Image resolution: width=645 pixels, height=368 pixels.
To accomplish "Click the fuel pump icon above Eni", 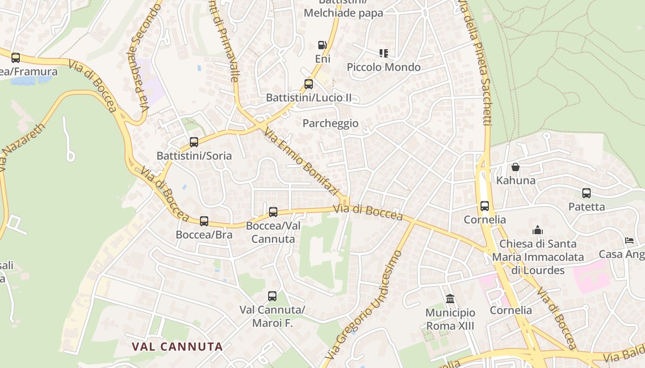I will tap(322, 45).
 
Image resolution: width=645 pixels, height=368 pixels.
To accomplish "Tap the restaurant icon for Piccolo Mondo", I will tap(383, 53).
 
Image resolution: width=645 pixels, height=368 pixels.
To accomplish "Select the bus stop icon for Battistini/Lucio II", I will tap(309, 84).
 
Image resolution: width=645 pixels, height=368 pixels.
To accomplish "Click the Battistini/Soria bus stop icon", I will tap(194, 142).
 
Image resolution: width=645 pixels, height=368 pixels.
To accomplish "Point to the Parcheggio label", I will tap(330, 123).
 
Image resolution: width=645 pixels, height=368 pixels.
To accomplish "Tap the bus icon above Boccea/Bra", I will tap(204, 221).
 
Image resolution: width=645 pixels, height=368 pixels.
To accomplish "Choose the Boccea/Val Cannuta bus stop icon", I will tap(273, 212).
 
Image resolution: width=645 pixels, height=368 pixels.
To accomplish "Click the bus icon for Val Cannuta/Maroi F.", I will tap(272, 296).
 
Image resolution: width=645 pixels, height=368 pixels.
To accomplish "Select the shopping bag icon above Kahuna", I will tap(516, 167).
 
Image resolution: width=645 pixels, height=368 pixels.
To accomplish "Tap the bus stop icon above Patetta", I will tap(586, 193).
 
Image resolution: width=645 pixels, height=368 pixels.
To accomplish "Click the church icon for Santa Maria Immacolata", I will tap(537, 230).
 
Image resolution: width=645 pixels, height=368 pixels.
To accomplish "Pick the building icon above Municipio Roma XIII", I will tap(450, 299).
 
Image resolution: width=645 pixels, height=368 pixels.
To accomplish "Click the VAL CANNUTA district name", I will tap(177, 347).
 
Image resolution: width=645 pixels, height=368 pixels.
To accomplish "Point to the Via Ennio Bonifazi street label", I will tap(302, 162).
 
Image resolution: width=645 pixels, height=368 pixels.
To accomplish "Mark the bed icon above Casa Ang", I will tap(629, 241).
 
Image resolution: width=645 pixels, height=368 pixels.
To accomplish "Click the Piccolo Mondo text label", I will tap(383, 67).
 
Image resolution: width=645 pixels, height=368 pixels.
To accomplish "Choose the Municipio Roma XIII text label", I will tap(450, 320).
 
